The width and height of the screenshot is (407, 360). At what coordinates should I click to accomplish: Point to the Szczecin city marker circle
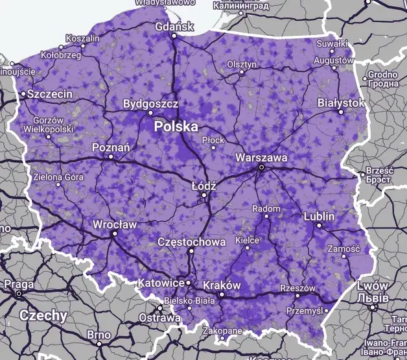pyautogui.click(x=23, y=94)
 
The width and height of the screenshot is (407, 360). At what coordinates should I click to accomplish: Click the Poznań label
pyautogui.click(x=111, y=147)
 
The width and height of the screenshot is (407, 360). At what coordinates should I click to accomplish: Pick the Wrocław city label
pyautogui.click(x=115, y=224)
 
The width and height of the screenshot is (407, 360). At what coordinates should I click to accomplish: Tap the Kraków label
pyautogui.click(x=222, y=285)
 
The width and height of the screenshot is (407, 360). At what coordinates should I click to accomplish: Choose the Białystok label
pyautogui.click(x=341, y=103)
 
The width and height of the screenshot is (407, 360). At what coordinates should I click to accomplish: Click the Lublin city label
pyautogui.click(x=318, y=216)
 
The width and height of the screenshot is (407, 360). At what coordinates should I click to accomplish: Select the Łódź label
pyautogui.click(x=203, y=186)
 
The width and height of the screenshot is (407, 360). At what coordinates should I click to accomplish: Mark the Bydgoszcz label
pyautogui.click(x=150, y=103)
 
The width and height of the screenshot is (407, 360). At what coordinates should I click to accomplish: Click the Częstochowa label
pyautogui.click(x=192, y=242)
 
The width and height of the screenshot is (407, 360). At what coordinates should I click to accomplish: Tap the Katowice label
pyautogui.click(x=161, y=283)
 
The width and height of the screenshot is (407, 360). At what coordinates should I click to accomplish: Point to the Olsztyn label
pyautogui.click(x=242, y=64)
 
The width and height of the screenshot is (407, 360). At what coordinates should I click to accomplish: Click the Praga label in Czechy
pyautogui.click(x=19, y=284)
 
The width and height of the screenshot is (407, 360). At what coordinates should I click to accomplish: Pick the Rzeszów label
pyautogui.click(x=297, y=288)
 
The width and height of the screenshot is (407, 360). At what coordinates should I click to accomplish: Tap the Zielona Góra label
pyautogui.click(x=58, y=176)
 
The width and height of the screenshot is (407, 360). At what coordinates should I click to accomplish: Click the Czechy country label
pyautogui.click(x=43, y=316)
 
